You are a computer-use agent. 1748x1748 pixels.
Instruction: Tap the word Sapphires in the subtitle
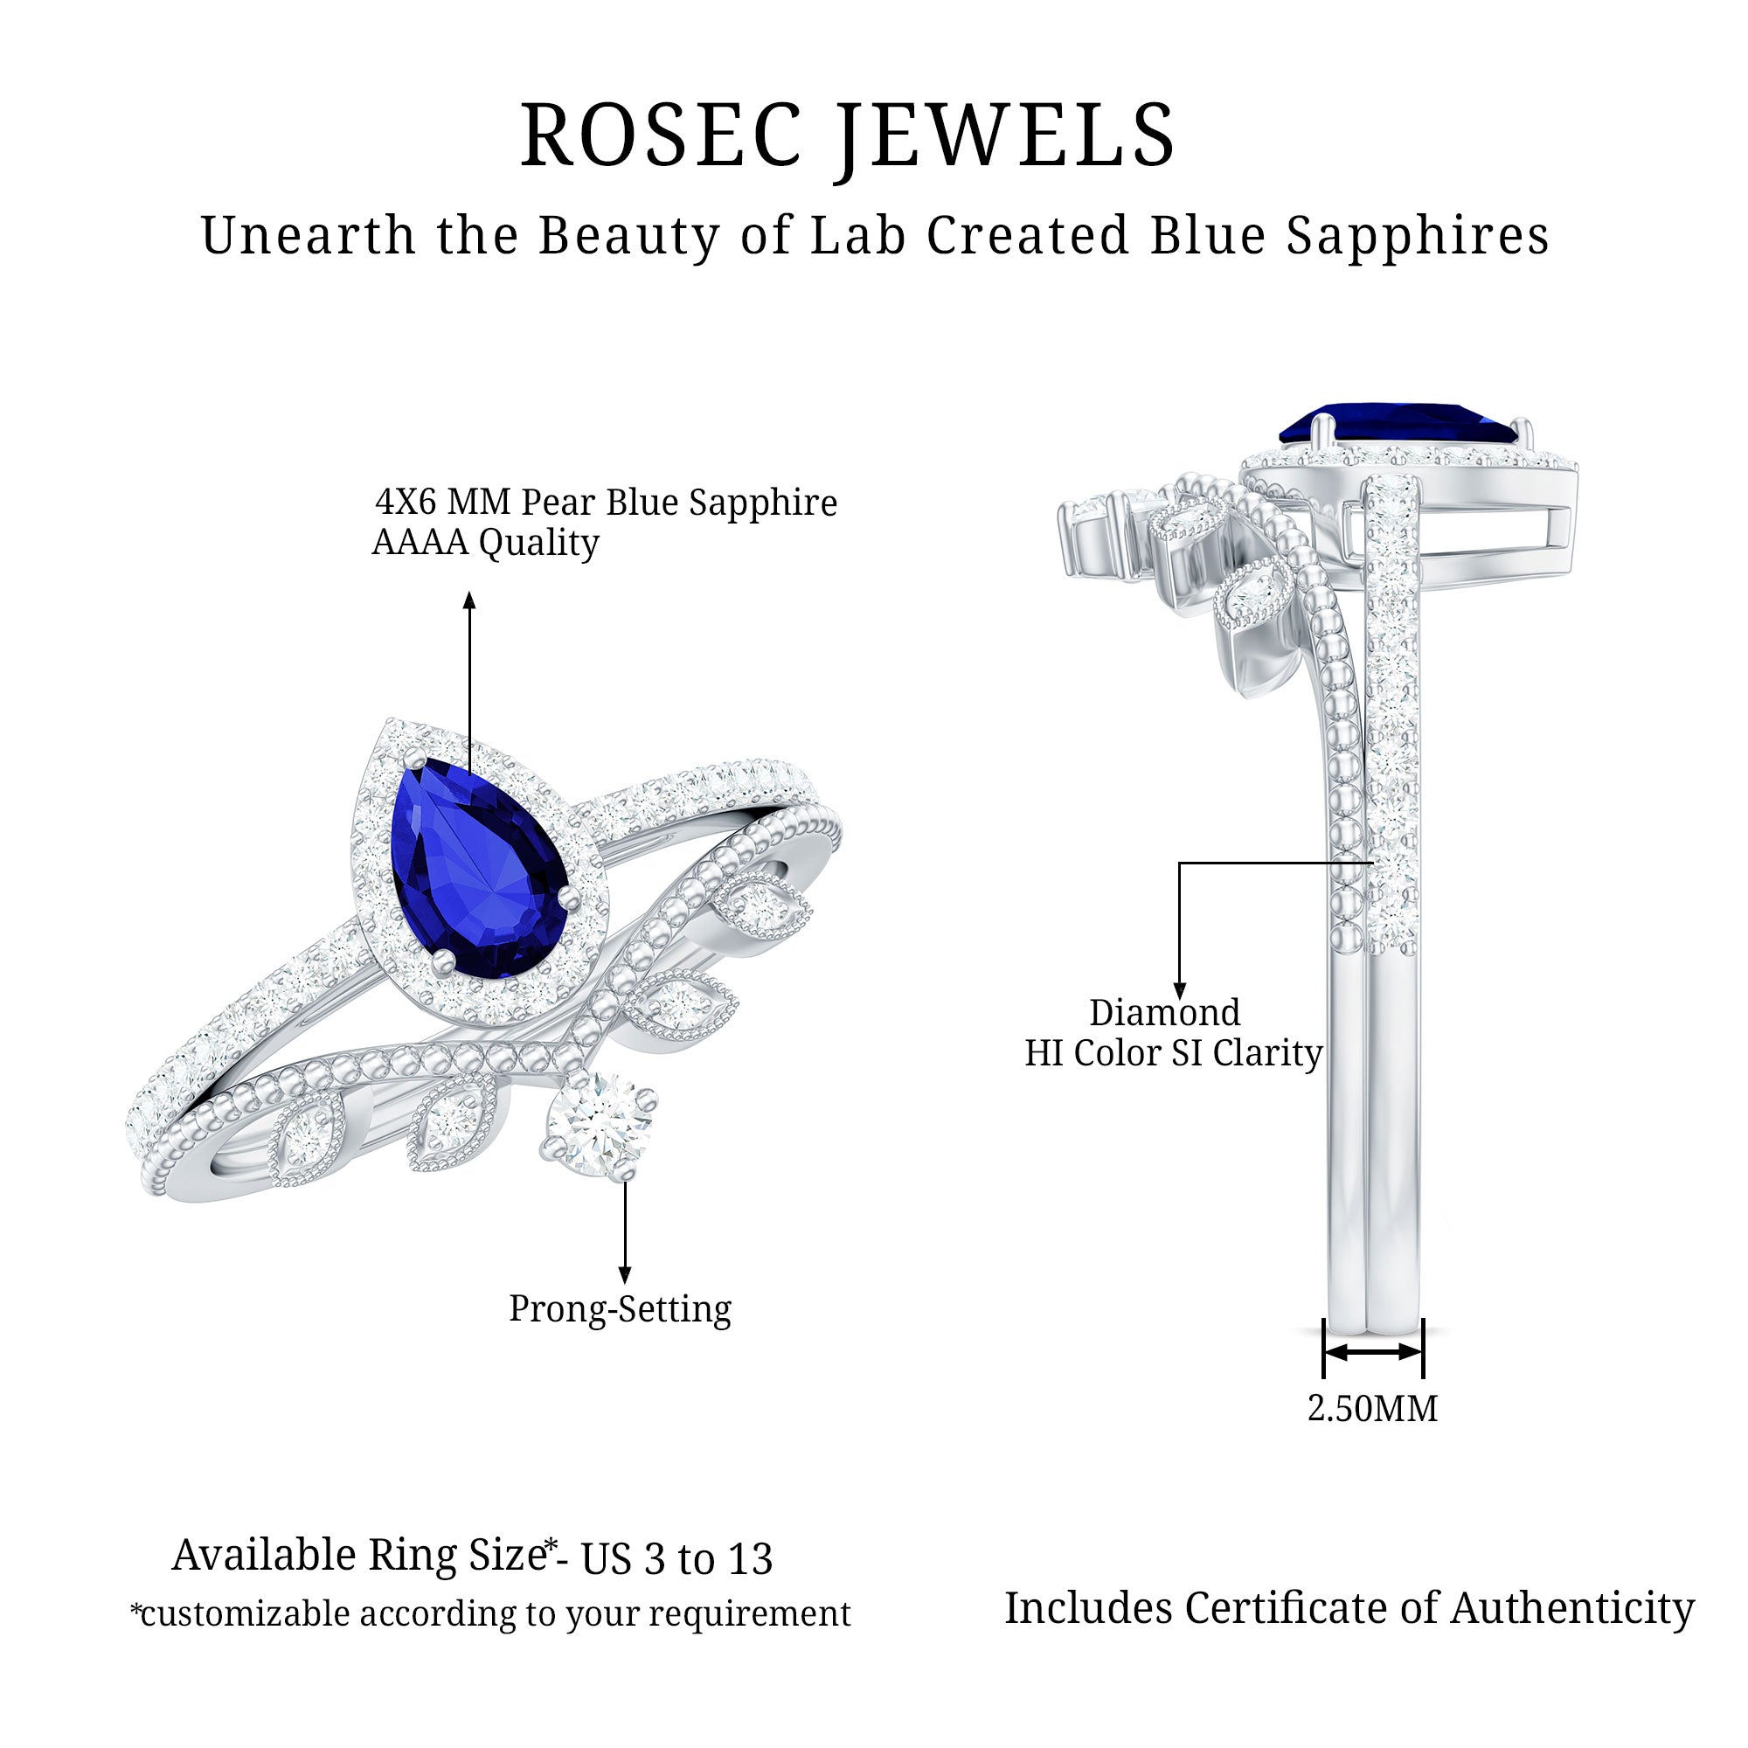click(1418, 237)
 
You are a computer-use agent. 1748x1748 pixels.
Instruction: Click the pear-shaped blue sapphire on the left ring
click(480, 869)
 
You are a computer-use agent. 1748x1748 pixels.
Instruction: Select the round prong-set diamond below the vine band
click(598, 1126)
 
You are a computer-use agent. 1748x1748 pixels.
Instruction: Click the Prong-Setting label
click(620, 1310)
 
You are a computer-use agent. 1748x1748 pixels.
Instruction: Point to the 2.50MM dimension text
click(1372, 1408)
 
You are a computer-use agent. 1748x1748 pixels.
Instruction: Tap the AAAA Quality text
click(486, 543)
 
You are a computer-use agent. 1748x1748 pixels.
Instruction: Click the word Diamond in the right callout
click(1164, 1012)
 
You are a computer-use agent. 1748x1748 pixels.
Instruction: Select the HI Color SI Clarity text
click(1174, 1053)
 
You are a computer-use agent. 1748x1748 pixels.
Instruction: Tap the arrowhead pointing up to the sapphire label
click(468, 600)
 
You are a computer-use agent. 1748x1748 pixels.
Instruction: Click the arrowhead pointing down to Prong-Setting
click(624, 1274)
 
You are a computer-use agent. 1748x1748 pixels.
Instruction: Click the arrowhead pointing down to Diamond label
click(1179, 990)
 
